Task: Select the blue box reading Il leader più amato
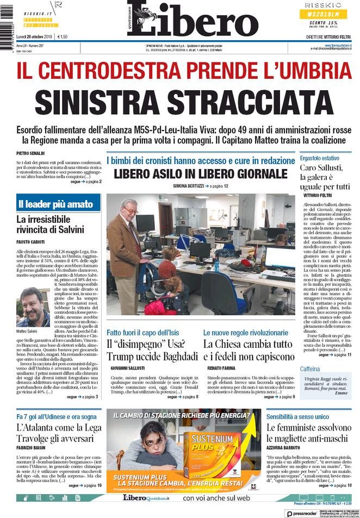tap(54, 204)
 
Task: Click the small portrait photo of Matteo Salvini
tap(33, 306)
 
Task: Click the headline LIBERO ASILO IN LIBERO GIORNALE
tap(200, 174)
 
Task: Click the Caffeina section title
tap(310, 369)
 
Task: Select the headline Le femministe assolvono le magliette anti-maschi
tap(308, 434)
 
